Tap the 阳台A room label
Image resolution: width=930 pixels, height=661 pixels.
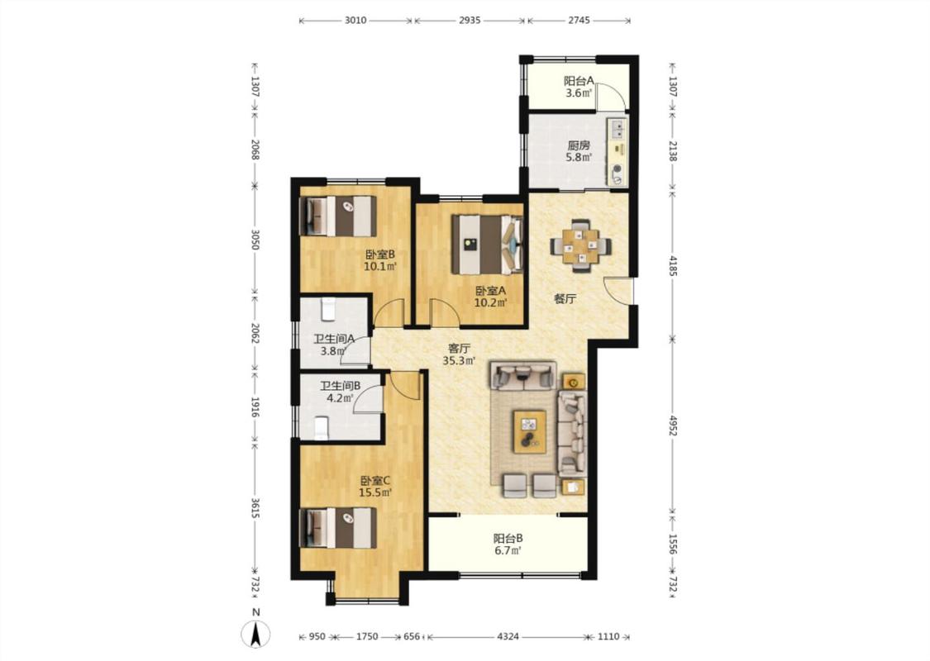point(579,81)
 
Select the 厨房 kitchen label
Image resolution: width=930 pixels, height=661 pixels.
point(579,145)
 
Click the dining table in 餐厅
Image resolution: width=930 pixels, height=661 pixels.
point(581,245)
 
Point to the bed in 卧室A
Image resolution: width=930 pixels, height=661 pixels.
point(488,245)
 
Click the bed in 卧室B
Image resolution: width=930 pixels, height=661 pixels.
point(339,216)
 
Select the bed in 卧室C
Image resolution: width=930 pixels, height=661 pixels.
point(339,528)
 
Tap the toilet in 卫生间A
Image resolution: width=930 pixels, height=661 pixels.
point(328,308)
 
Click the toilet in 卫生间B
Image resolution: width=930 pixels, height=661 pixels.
point(322,428)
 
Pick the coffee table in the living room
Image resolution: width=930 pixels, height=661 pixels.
point(530,431)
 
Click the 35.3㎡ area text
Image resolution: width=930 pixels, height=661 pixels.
point(459,360)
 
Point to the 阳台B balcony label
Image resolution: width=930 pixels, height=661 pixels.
point(508,539)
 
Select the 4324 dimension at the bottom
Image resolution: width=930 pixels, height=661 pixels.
point(508,637)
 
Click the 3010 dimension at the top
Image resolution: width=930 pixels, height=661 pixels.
point(355,20)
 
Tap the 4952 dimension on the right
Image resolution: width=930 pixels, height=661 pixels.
point(673,425)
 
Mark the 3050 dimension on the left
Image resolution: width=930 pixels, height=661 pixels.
point(255,240)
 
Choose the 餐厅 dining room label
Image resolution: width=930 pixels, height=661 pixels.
point(565,299)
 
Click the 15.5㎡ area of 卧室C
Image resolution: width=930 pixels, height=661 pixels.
point(375,492)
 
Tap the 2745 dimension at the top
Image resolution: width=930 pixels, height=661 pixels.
point(579,20)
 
